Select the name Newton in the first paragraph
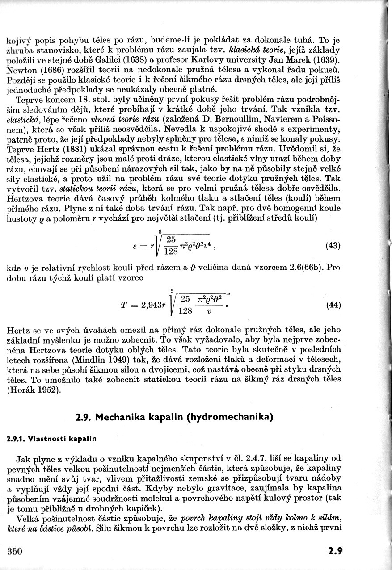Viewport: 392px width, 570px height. (x=22, y=71)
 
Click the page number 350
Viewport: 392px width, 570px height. (x=15, y=551)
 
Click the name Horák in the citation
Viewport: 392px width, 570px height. (x=21, y=390)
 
